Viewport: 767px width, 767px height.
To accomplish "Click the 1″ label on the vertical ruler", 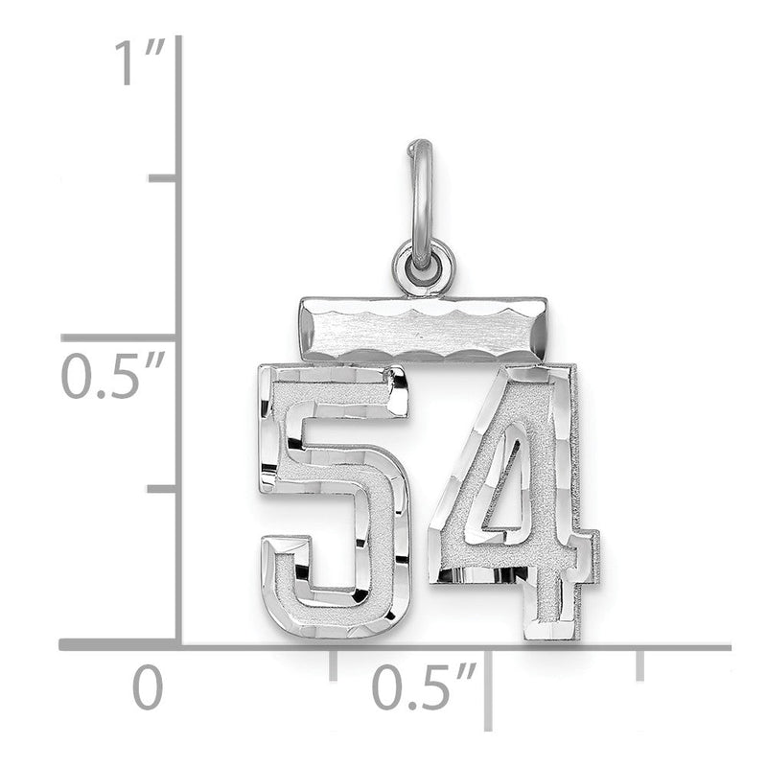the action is pos(139,62).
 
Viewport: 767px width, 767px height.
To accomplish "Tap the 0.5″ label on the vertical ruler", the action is pos(112,376).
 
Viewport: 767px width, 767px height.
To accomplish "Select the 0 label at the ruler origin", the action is pos(148,686).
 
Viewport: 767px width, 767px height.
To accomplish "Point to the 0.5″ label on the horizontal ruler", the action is pos(424,686).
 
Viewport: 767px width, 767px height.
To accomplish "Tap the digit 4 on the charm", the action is pos(515,504).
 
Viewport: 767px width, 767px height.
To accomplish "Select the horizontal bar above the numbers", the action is pos(423,330).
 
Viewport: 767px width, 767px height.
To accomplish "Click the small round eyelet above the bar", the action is pos(424,269).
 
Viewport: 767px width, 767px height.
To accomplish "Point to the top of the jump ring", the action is pos(420,143).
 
